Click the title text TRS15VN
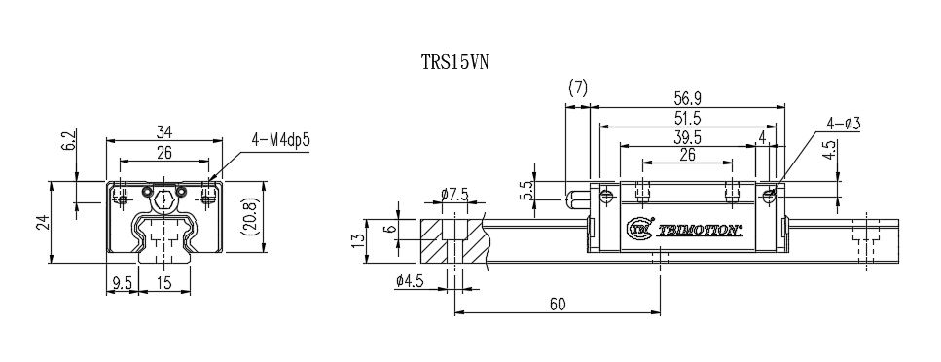(x=453, y=61)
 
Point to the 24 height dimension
(x=41, y=222)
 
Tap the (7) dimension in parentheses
(x=577, y=88)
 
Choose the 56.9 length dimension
(x=689, y=97)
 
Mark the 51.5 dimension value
(x=689, y=117)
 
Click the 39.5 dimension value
(x=687, y=136)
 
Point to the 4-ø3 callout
(x=846, y=124)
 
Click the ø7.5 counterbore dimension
(x=454, y=196)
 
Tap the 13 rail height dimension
(x=359, y=238)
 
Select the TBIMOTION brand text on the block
(x=700, y=232)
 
